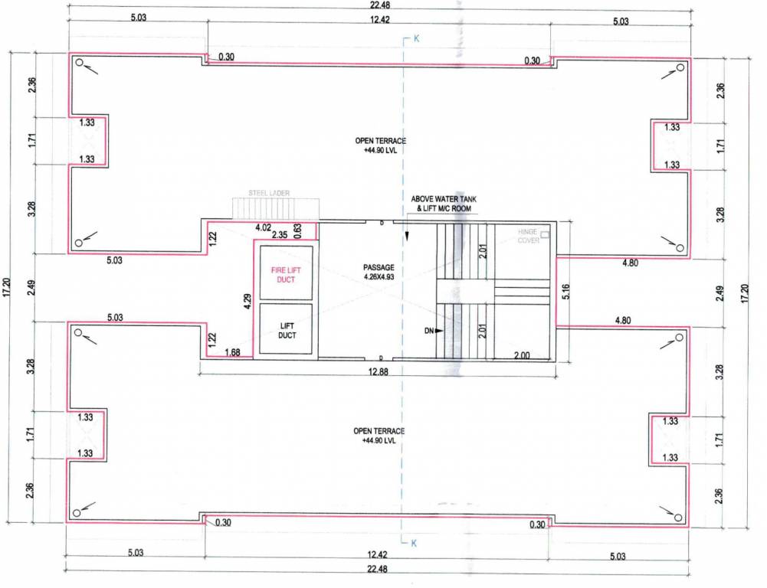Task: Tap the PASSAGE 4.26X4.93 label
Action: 379,272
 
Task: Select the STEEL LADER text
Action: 268,194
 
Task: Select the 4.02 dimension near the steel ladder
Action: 263,227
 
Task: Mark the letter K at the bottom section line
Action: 413,544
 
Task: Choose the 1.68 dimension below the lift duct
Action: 233,352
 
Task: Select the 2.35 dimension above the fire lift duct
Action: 280,236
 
